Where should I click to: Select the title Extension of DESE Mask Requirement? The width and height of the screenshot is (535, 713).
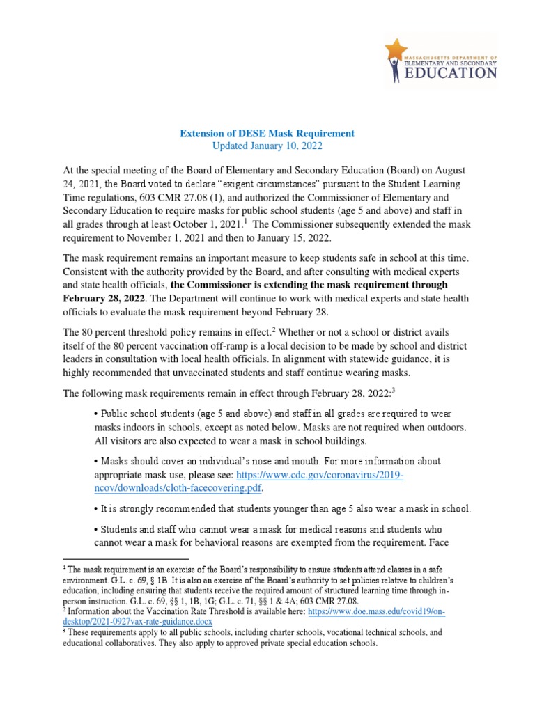coord(267,133)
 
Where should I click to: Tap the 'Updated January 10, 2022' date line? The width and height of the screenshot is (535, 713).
coord(267,146)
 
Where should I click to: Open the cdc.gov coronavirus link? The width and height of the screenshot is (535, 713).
coord(320,475)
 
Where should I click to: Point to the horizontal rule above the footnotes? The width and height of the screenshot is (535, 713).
coord(125,559)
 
